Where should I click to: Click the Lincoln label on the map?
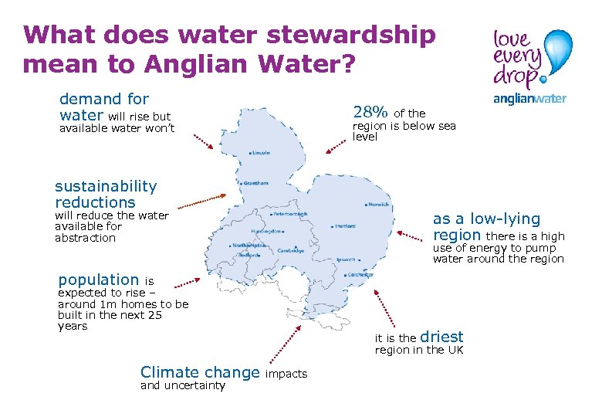[x=261, y=153]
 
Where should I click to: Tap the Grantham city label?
[x=257, y=183]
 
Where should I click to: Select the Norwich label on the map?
[x=378, y=205]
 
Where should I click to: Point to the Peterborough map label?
[x=291, y=214]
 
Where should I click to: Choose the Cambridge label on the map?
[x=292, y=250]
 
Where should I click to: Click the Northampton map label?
[x=249, y=245]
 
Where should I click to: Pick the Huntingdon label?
[x=265, y=231]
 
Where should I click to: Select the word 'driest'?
[x=441, y=337]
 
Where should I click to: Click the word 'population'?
[x=98, y=280]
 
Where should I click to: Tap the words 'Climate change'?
[x=200, y=373]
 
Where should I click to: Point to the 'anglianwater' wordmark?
[x=529, y=98]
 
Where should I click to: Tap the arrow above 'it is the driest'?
[x=384, y=309]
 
